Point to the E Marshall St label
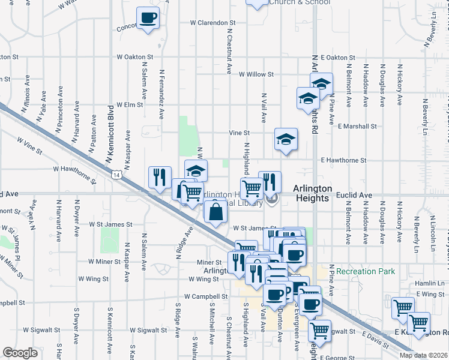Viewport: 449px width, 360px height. coord(357,127)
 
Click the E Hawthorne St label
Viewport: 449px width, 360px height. coord(343,161)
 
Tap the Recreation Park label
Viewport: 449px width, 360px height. coord(366,272)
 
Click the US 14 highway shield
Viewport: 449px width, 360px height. coord(116,174)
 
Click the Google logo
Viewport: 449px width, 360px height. coord(20,353)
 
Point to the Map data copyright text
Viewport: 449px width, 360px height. coord(423,355)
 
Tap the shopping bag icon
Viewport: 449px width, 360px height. coord(215,212)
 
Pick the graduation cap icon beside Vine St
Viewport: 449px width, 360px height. coord(286,139)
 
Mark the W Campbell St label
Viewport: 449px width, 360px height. coord(206,296)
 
